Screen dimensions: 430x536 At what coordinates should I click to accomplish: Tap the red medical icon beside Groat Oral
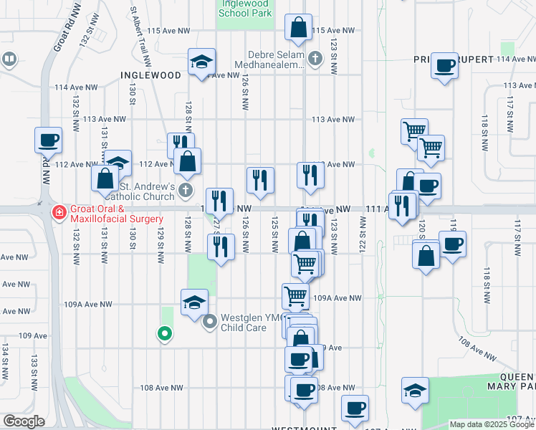coord(59,213)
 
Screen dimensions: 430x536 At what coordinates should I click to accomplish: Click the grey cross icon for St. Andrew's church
coord(186,191)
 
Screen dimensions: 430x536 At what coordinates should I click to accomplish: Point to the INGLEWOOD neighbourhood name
coord(150,75)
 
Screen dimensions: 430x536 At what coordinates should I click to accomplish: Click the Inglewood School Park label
coord(245,8)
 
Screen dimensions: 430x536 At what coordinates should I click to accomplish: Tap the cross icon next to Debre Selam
coord(317,58)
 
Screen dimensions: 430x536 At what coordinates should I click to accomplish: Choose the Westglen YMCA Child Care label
coord(244,322)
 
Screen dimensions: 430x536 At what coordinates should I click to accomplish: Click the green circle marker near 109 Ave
coord(164,333)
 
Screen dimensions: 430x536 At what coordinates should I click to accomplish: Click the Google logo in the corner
coord(24,421)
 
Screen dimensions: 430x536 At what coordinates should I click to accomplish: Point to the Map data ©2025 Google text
coord(492,424)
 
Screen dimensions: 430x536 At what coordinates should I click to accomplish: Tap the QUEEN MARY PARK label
coord(509,381)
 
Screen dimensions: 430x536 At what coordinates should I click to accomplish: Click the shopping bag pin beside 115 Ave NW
coord(298,29)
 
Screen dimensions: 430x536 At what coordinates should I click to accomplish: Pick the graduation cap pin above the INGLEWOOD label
coord(202,62)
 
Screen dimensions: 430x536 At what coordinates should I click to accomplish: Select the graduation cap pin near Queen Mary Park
coord(415,391)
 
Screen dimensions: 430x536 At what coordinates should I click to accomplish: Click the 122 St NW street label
coord(363,241)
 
